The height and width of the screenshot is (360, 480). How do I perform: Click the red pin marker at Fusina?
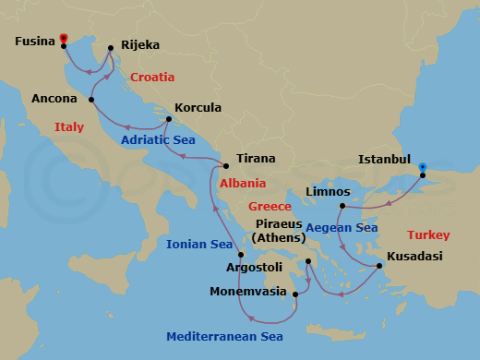64,38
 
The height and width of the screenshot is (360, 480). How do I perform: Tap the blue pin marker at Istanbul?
423,168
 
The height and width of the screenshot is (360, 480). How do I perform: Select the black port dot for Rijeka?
110,49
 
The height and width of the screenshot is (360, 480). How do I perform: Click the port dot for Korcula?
168,119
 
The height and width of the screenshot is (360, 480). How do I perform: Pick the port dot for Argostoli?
240,255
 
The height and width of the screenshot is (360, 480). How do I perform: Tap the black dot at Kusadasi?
378,267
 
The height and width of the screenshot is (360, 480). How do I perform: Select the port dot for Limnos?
342,205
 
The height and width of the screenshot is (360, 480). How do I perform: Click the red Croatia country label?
152,78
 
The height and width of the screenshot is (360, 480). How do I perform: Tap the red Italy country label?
69,126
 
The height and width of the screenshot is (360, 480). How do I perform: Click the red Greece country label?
275,206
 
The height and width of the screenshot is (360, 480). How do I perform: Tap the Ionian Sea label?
198,245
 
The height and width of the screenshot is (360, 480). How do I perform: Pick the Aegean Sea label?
342,227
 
